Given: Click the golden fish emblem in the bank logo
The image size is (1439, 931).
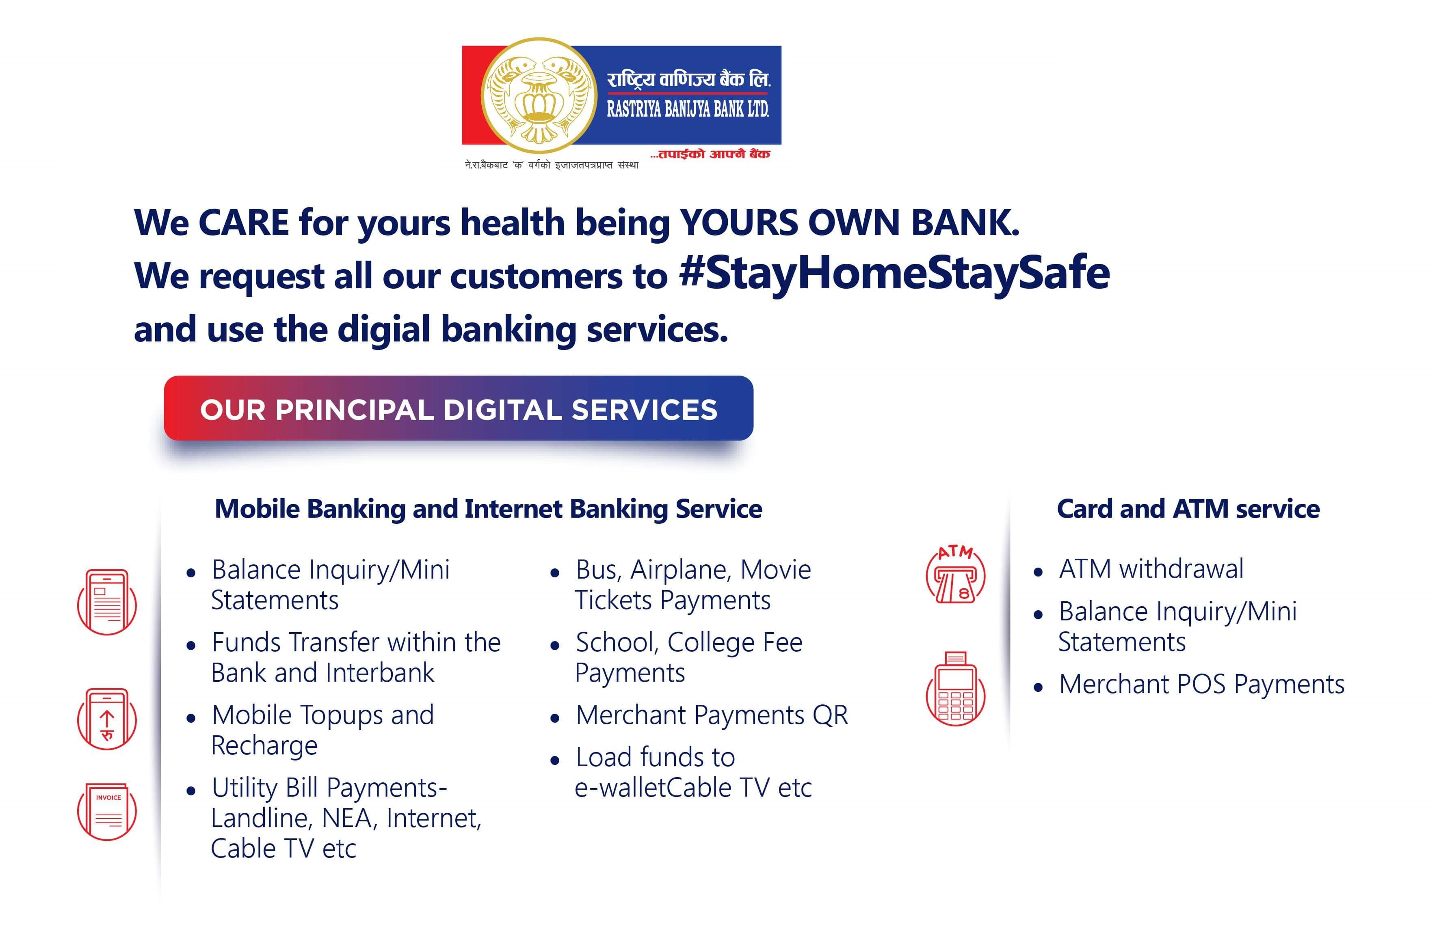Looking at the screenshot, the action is (539, 95).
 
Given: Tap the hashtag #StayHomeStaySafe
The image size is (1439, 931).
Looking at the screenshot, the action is (894, 273).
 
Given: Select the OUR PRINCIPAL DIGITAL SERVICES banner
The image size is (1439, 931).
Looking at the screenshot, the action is (458, 408).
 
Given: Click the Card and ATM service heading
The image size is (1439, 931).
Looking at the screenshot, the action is (1188, 509).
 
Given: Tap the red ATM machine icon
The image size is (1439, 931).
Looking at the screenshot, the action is (955, 575).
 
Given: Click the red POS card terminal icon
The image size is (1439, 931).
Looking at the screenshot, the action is (955, 689).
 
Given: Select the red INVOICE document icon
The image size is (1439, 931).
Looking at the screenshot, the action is (107, 811).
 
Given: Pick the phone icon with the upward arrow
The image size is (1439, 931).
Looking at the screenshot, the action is (107, 719).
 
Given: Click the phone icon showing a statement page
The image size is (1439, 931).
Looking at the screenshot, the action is (107, 602).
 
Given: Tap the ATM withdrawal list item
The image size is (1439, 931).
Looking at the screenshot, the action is (1151, 569).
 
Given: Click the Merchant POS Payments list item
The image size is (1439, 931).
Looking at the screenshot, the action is (1201, 685).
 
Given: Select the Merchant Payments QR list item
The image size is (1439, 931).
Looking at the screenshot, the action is (712, 715).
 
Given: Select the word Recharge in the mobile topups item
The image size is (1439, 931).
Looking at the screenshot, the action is (264, 746).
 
